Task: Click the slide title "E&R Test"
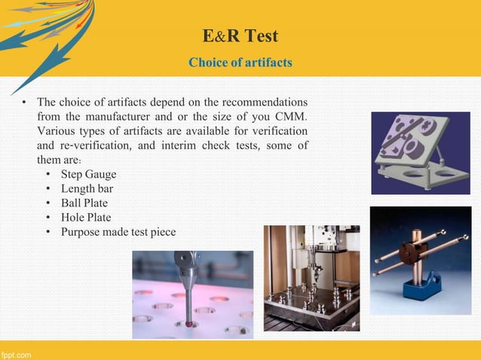pyautogui.click(x=240, y=35)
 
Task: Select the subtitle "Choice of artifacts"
pyautogui.click(x=240, y=62)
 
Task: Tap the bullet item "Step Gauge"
pyautogui.click(x=88, y=175)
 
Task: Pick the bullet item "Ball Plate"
pyautogui.click(x=84, y=203)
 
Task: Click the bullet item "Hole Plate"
pyautogui.click(x=85, y=218)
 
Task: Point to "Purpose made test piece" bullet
pyautogui.click(x=118, y=232)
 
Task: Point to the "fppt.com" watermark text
pyautogui.click(x=16, y=354)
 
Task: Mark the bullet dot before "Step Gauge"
pyautogui.click(x=49, y=175)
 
